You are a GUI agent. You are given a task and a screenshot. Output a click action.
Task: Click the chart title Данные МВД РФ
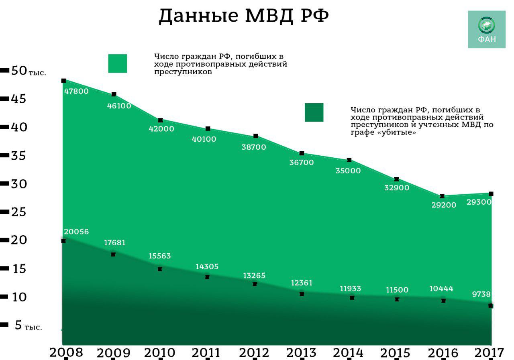pyautogui.click(x=244, y=16)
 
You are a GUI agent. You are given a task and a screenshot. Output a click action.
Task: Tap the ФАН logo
pyautogui.click(x=487, y=29)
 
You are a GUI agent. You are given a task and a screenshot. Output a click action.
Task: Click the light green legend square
pyautogui.click(x=118, y=63)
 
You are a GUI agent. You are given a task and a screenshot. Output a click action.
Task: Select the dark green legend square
pyautogui.click(x=314, y=112)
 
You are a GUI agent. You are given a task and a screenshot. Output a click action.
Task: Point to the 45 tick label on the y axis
pyautogui.click(x=18, y=99)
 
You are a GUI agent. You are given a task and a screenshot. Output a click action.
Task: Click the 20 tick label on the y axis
pyautogui.click(x=19, y=240)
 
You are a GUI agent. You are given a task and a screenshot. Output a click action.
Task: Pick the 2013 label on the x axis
pyautogui.click(x=301, y=353)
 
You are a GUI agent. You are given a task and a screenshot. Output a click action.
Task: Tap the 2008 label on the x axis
pyautogui.click(x=66, y=352)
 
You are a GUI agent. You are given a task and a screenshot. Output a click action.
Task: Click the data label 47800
pyautogui.click(x=76, y=91)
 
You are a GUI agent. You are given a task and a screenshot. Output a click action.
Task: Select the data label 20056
pyautogui.click(x=76, y=232)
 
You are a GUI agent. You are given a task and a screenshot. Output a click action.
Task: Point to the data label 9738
pyautogui.click(x=481, y=294)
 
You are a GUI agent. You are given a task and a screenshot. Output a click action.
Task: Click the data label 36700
pyautogui.click(x=302, y=163)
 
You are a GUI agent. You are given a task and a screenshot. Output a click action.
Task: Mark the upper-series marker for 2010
pyautogui.click(x=161, y=120)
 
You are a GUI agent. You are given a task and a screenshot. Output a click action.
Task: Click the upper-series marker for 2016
pyautogui.click(x=442, y=196)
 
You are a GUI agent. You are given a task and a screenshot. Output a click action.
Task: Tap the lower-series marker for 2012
pyautogui.click(x=255, y=284)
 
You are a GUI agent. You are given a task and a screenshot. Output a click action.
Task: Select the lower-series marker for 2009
pyautogui.click(x=113, y=254)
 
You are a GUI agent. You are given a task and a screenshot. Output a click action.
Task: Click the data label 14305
pyautogui.click(x=207, y=266)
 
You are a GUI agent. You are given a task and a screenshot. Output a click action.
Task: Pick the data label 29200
pyautogui.click(x=444, y=205)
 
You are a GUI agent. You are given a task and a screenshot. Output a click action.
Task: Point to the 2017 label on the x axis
pyautogui.click(x=489, y=353)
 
